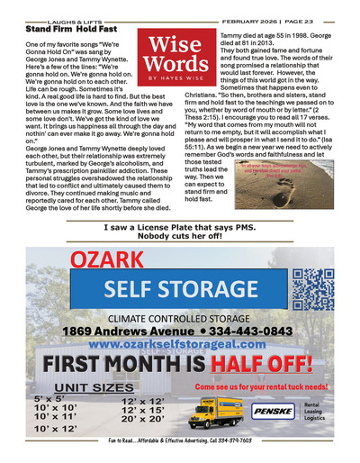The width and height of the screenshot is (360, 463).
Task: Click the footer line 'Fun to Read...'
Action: click(x=180, y=454)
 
